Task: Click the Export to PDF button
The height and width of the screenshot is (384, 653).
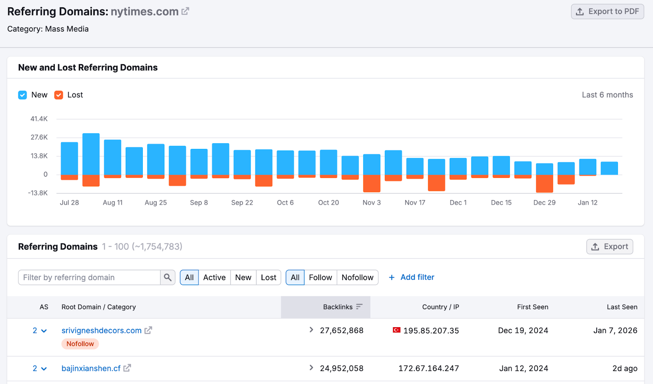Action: click(607, 11)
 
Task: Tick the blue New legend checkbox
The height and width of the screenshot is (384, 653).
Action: click(22, 95)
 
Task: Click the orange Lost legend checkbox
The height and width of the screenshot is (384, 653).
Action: click(59, 95)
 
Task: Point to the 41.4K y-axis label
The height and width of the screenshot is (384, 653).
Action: click(39, 119)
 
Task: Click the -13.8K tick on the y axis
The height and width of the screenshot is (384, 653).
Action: click(38, 193)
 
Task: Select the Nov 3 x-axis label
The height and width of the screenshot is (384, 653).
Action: click(371, 202)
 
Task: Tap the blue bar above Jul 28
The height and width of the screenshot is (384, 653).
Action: click(69, 158)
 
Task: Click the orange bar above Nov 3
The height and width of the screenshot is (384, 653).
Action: click(371, 183)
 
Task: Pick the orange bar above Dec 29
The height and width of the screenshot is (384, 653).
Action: click(544, 183)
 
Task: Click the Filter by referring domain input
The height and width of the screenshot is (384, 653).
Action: click(89, 277)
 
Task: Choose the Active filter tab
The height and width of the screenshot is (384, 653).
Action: click(214, 277)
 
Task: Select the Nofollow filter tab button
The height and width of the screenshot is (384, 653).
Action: click(357, 277)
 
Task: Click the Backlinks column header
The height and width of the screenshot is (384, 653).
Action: click(338, 307)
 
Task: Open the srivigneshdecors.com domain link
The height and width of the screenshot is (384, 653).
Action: click(101, 330)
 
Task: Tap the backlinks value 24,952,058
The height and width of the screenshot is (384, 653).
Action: click(341, 368)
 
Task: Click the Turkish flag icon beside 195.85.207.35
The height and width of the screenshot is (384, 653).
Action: click(396, 330)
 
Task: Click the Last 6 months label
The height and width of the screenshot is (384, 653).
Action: click(607, 95)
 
